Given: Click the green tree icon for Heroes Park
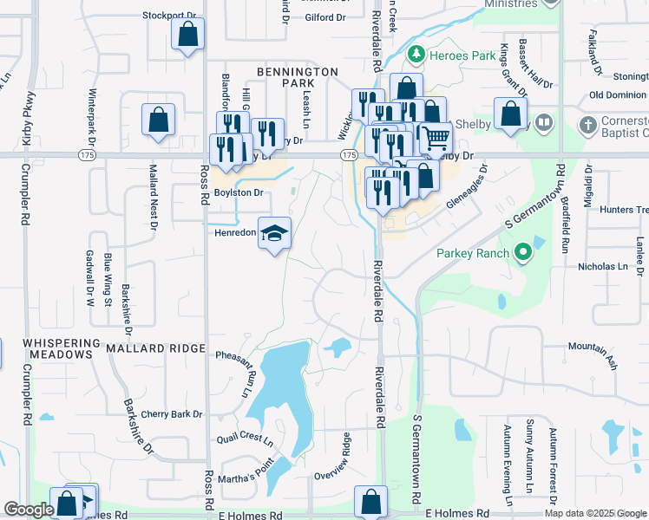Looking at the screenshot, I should click(x=416, y=55).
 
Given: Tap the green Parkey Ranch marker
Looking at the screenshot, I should click(x=521, y=253).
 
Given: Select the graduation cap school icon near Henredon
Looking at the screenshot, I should click(x=274, y=234).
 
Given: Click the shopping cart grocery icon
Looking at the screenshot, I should click(x=436, y=135).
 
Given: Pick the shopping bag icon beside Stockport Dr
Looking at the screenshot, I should click(x=187, y=36).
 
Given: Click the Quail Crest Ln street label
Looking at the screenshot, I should click(x=251, y=439).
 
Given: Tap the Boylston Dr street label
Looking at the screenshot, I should click(x=239, y=192).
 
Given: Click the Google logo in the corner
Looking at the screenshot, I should click(x=29, y=510).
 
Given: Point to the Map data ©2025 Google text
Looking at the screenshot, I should click(x=595, y=513).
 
